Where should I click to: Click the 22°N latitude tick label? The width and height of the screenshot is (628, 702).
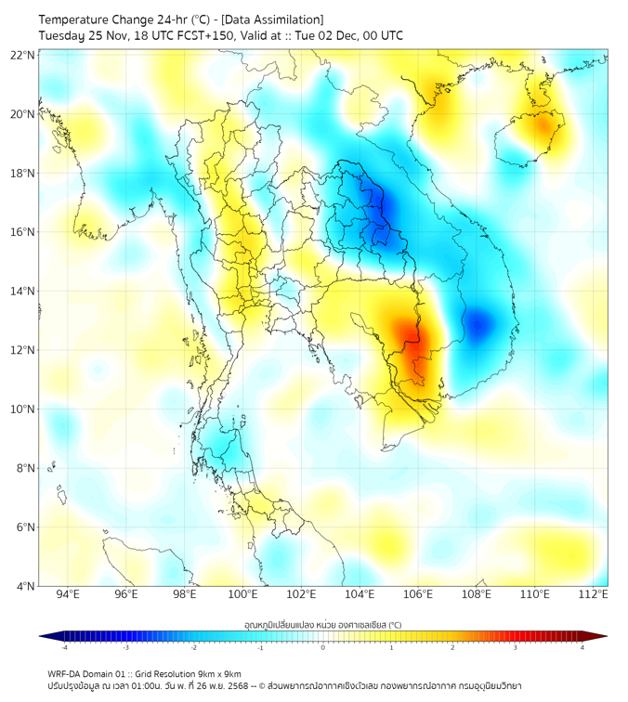(23, 55)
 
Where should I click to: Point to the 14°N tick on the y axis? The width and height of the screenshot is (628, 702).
(23, 291)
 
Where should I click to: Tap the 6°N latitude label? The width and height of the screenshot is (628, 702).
(25, 526)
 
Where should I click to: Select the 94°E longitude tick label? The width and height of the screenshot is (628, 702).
(68, 594)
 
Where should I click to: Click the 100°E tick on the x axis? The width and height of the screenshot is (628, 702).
(243, 594)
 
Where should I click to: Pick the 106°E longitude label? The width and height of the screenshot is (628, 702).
(418, 594)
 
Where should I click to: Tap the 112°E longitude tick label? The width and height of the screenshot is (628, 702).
(593, 594)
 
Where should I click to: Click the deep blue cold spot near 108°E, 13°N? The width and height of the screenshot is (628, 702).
(478, 324)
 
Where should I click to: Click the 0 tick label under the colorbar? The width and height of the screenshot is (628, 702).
(323, 648)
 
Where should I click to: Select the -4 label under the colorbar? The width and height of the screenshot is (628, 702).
(63, 648)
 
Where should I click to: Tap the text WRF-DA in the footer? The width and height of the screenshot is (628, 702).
(63, 674)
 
